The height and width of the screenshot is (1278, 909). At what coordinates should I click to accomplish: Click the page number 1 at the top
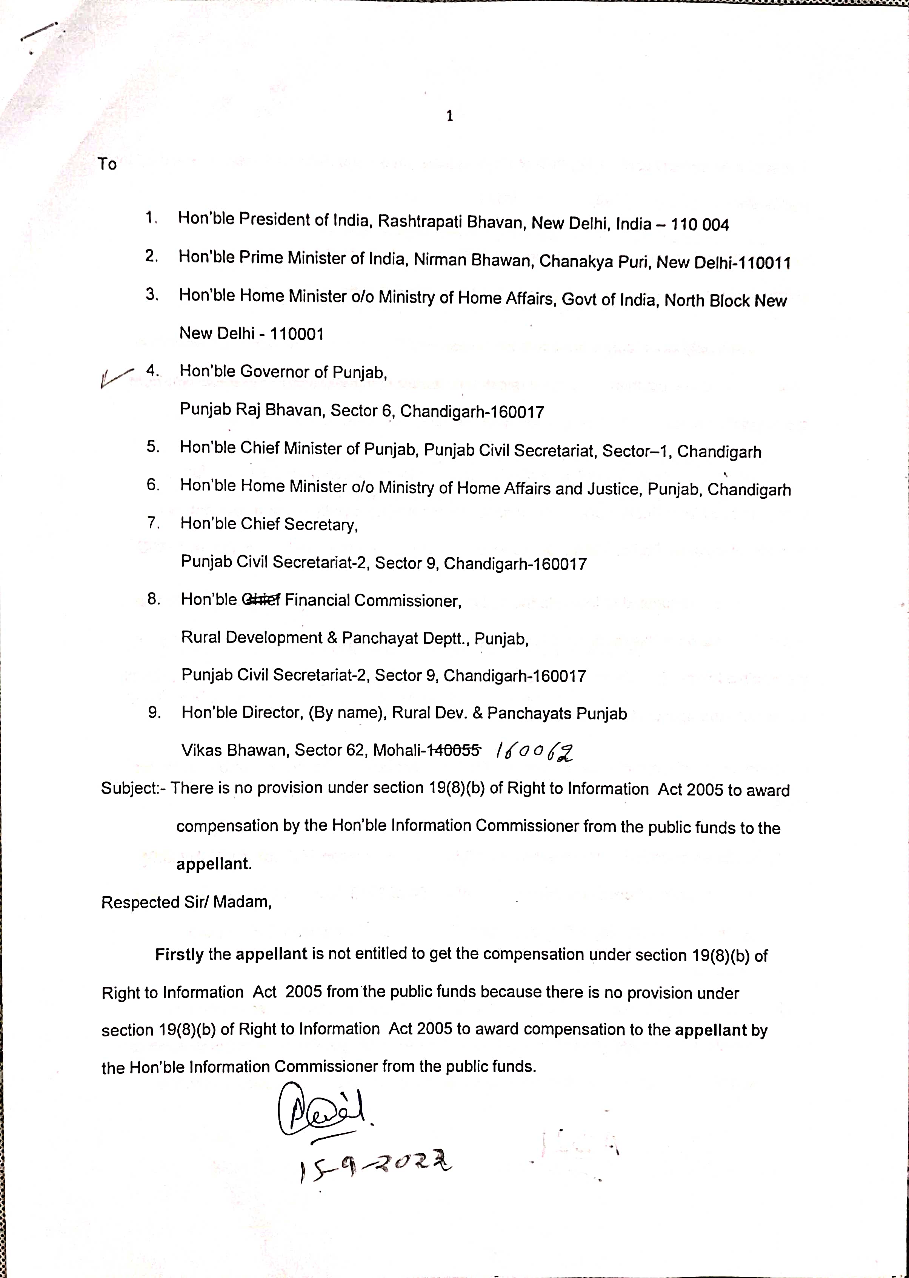449,116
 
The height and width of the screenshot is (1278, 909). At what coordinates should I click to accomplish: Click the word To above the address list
107,164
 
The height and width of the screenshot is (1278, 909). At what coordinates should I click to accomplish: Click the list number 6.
153,484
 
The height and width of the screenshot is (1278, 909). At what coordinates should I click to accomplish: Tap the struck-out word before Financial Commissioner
261,600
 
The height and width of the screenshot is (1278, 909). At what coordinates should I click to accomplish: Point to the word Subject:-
133,788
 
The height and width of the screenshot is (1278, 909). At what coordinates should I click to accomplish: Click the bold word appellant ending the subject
213,863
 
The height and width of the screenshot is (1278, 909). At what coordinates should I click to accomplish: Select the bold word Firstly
179,954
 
